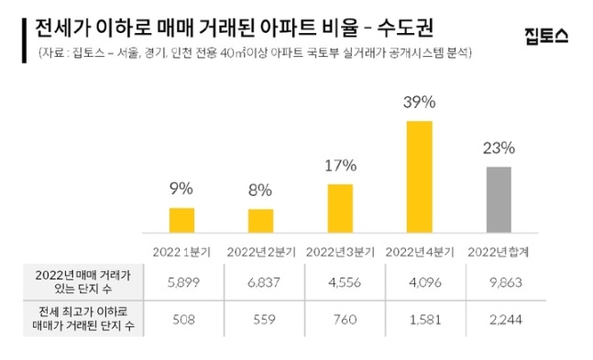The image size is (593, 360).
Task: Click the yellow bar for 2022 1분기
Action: coord(181,221)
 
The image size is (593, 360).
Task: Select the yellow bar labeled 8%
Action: coord(260,222)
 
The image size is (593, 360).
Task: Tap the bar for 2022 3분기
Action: coord(339,209)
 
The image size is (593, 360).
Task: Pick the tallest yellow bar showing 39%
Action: coord(418,176)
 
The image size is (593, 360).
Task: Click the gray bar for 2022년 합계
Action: coord(498,200)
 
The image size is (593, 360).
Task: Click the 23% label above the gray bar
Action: coord(498,147)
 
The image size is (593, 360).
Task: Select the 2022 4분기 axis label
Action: coord(419,250)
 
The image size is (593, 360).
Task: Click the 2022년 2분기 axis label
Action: coord(261,250)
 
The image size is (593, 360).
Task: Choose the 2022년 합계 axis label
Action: coord(498,250)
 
